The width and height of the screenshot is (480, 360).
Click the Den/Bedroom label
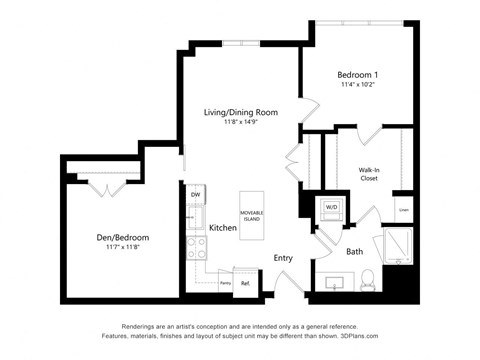tap(103, 238)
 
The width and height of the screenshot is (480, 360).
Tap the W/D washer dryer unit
tap(329, 209)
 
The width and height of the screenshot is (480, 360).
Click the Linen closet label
tap(403, 210)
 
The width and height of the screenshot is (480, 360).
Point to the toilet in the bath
tap(367, 277)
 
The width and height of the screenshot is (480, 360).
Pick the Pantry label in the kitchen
tap(226, 284)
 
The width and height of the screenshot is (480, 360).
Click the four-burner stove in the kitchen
tap(196, 247)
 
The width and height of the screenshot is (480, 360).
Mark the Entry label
tap(283, 258)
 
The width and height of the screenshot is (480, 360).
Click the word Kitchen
tap(222, 228)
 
